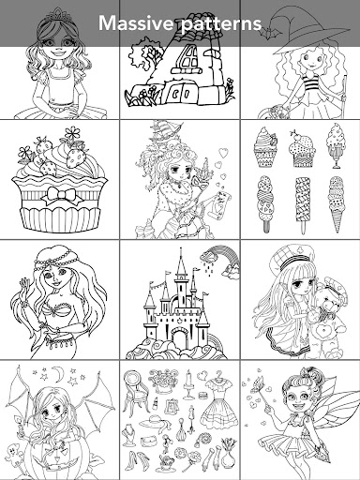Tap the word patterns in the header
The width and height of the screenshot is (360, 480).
(221, 24)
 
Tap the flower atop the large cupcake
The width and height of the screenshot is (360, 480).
(72, 134)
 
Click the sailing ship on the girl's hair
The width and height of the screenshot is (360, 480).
(166, 131)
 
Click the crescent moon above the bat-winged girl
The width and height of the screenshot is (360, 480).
(56, 372)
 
